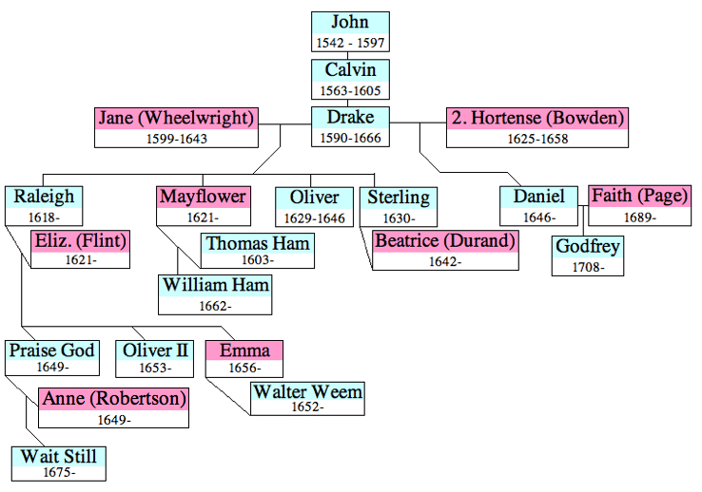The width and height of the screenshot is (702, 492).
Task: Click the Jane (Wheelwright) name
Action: pos(177,119)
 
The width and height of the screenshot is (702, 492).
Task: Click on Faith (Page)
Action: pos(639,196)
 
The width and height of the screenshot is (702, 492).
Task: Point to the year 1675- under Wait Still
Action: pos(58,472)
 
